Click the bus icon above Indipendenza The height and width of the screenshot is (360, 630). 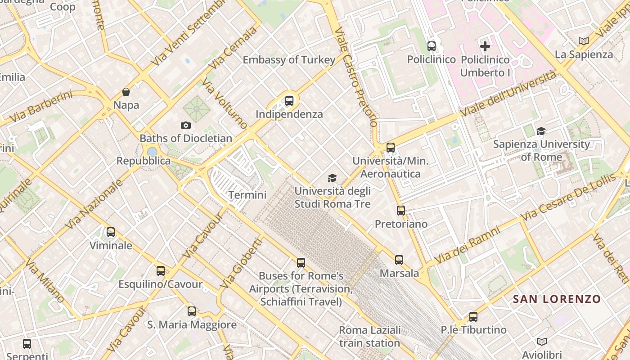click(289, 101)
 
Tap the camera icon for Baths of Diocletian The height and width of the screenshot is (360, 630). click(185, 125)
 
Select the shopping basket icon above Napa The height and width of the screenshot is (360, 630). click(126, 92)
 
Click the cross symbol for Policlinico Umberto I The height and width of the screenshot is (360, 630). click(485, 46)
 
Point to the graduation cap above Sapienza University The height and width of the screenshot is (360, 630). click(541, 131)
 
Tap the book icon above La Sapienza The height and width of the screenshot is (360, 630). click(584, 41)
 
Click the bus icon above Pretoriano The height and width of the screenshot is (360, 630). click(400, 210)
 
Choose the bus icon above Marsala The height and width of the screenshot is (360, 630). click(399, 260)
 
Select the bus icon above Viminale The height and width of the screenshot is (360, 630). click(111, 232)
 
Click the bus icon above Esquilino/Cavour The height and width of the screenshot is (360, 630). click(161, 271)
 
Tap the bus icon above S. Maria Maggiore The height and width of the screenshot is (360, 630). click(192, 311)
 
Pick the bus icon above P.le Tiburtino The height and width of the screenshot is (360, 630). click(473, 316)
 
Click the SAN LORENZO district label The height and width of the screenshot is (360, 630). click(557, 299)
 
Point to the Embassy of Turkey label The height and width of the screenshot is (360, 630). click(289, 60)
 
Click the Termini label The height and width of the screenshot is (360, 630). click(247, 195)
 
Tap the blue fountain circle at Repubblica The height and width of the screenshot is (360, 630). click(152, 152)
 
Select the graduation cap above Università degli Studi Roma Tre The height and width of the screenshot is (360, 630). click(332, 178)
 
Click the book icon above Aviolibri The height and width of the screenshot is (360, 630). click(542, 342)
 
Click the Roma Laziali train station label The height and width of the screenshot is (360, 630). click(369, 337)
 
